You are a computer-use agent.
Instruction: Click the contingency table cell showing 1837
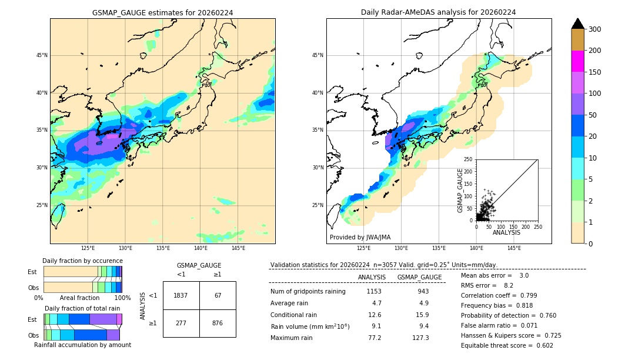tap(181, 295)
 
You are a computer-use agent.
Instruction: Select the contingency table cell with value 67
tap(218, 295)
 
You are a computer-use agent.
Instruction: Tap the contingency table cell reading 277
tap(181, 323)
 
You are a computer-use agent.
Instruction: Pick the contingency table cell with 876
tap(218, 323)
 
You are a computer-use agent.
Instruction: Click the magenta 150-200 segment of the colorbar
tap(578, 61)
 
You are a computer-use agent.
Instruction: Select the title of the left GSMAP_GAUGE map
tap(162, 12)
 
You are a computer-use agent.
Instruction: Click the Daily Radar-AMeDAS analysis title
tap(439, 12)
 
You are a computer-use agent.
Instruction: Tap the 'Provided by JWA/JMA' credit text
tap(360, 238)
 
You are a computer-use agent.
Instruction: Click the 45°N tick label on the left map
tap(42, 55)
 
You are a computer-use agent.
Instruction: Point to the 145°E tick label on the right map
tap(514, 248)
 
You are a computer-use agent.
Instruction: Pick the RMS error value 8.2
tap(509, 286)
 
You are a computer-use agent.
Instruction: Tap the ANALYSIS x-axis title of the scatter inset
tap(506, 233)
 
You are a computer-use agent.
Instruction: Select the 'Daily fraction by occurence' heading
tap(82, 261)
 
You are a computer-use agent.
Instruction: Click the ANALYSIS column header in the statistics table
tap(372, 277)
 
